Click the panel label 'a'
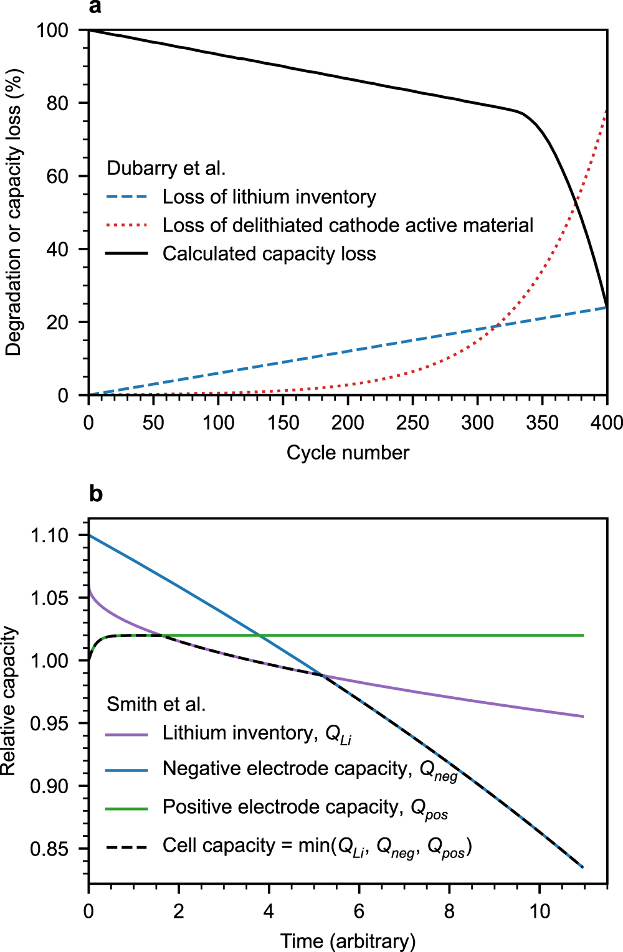pos(95,7)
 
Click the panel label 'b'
pos(96,494)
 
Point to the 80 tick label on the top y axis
pos(57,103)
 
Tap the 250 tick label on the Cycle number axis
pos(412,423)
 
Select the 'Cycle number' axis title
pos(348,453)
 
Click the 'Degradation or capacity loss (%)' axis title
pos(14,212)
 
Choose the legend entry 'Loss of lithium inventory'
pos(269,197)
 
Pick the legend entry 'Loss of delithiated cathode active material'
pos(348,225)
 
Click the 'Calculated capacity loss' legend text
pos(269,254)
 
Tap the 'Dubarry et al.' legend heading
pos(166,169)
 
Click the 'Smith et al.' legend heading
pos(156,704)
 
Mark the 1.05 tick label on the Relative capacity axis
pos(49,598)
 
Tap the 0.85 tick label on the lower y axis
pos(49,849)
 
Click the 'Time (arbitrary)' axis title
pos(348,941)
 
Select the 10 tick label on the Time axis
pos(540,912)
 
